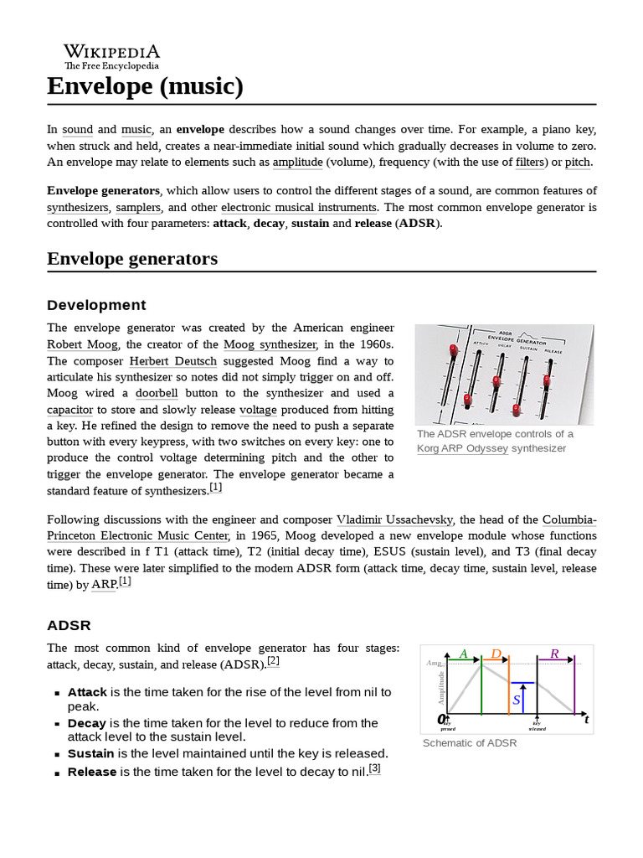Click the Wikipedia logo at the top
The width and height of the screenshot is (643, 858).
[111, 56]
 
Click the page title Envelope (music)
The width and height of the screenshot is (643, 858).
[145, 86]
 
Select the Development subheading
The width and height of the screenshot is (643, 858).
[96, 305]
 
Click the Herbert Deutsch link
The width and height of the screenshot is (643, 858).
[172, 361]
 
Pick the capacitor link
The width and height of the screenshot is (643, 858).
[69, 410]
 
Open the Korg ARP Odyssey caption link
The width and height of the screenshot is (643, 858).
[462, 448]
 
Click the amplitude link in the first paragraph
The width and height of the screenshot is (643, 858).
[298, 162]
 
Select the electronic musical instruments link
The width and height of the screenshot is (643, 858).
[299, 207]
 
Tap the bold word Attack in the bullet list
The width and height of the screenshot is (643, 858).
[87, 692]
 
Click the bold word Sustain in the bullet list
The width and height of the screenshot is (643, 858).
[90, 753]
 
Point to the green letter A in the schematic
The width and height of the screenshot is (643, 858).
[464, 654]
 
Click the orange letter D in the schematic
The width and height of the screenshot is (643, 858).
[496, 654]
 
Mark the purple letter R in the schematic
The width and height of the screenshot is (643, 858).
[554, 654]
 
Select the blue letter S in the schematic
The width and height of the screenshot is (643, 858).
[517, 699]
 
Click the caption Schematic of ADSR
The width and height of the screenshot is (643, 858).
[470, 742]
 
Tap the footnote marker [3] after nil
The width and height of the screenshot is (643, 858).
[374, 768]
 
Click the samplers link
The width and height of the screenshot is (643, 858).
[139, 207]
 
